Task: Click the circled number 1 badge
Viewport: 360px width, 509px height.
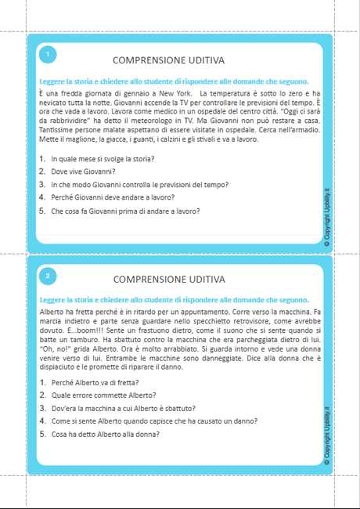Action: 48,54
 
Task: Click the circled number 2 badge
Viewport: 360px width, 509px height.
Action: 48,276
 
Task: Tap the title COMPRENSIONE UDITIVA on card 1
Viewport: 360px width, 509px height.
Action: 168,60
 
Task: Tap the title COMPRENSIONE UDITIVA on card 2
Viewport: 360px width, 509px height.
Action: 168,279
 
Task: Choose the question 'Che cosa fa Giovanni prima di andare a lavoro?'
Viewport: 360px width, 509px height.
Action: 125,211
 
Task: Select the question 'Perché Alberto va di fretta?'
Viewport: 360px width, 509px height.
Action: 95,382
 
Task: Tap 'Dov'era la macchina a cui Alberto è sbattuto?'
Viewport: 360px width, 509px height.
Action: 123,409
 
